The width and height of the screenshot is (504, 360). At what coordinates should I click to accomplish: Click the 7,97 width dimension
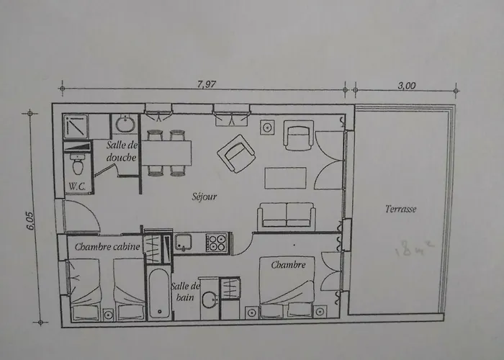pos(207,84)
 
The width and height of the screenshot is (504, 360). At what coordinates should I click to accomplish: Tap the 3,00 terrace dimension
pos(406,84)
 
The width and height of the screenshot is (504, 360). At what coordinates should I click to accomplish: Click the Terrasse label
pos(401,209)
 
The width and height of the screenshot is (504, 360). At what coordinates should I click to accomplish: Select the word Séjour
pos(204,196)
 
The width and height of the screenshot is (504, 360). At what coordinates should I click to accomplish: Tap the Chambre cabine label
pos(107,246)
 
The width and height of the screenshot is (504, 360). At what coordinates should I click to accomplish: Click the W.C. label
pos(77,186)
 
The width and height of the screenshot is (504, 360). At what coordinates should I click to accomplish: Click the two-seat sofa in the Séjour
pos(286,215)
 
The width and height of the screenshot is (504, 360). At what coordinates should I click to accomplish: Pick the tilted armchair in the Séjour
pos(237,153)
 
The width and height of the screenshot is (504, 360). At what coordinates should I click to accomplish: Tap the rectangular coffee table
pos(287,177)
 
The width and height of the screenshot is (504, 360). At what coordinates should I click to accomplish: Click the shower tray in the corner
pos(75,127)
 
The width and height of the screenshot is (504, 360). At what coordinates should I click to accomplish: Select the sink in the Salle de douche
pos(125,125)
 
